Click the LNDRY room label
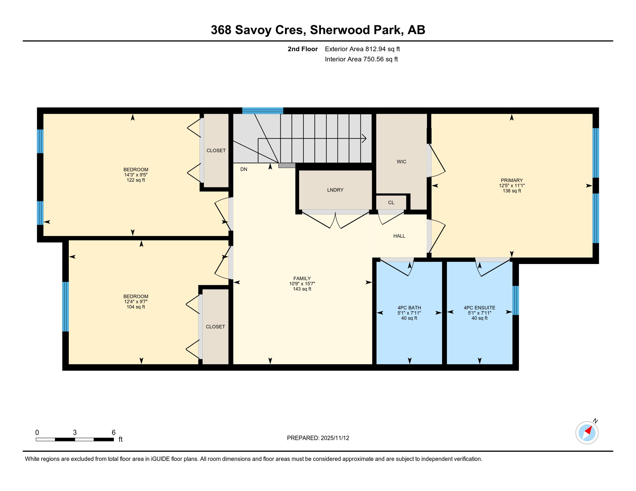point(335,190)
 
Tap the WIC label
point(401,162)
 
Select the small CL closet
point(391,203)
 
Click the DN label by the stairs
point(243,169)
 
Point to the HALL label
point(399,236)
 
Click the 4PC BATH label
point(409,308)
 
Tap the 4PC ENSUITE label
point(479,308)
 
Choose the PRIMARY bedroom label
point(512,180)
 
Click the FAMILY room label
point(302,278)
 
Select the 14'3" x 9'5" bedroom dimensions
point(136,175)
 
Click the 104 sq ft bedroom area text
point(136,307)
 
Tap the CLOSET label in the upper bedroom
point(216,151)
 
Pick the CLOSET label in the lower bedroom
point(215,327)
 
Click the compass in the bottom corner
point(587,433)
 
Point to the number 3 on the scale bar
point(75,433)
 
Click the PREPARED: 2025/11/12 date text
point(318,438)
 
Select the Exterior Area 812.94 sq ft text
point(362,49)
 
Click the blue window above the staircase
point(262,111)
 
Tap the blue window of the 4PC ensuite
point(515,300)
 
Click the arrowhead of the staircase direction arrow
point(364,138)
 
